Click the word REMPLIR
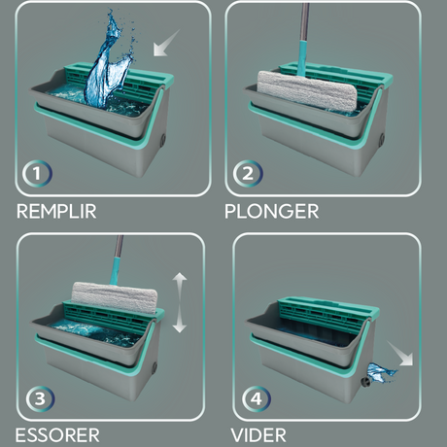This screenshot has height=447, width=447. click(x=56, y=211)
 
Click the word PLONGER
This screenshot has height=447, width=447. click(x=272, y=211)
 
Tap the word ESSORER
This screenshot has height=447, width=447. click(x=57, y=435)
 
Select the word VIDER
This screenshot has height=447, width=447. click(x=258, y=435)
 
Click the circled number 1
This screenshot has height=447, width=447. click(x=37, y=173)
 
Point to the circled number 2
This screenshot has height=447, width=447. click(x=248, y=173)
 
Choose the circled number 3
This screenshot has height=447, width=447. click(x=40, y=398)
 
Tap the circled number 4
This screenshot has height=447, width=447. click(x=257, y=398)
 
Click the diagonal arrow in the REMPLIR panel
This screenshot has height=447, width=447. click(x=166, y=43)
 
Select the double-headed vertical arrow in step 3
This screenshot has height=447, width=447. click(x=180, y=302)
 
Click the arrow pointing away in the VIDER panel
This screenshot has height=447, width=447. click(x=400, y=354)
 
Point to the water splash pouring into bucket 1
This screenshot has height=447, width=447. click(x=110, y=61)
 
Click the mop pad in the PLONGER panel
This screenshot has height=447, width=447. click(x=307, y=90)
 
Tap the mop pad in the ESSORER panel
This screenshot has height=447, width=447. click(x=115, y=297)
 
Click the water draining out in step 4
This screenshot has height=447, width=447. click(x=381, y=372)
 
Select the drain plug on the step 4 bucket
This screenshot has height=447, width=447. click(x=366, y=381)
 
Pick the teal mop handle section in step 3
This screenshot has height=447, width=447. click(x=116, y=271)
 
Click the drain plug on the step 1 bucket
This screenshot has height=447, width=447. click(x=162, y=139)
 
